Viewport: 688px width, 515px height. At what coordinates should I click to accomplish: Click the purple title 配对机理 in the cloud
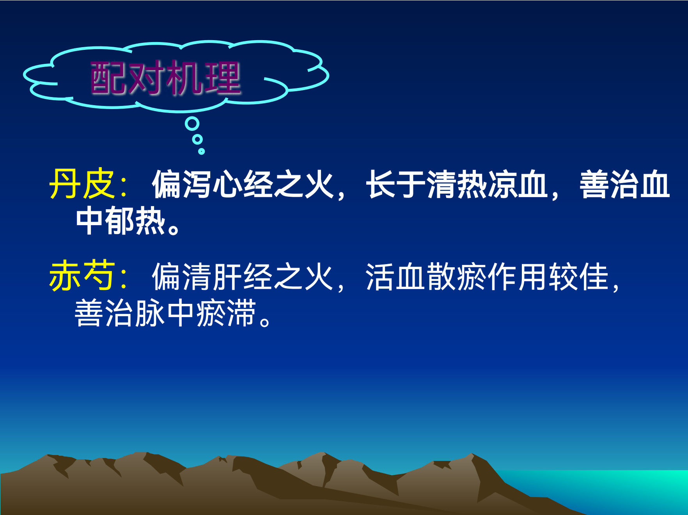pyautogui.click(x=165, y=78)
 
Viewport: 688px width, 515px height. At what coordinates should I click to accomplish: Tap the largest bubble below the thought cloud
pyautogui.click(x=192, y=124)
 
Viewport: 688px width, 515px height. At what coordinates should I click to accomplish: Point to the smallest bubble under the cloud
pyautogui.click(x=201, y=151)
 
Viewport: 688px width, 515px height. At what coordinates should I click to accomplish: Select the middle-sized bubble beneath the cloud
pyautogui.click(x=198, y=139)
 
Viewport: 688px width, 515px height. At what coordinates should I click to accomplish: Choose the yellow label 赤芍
pyautogui.click(x=82, y=276)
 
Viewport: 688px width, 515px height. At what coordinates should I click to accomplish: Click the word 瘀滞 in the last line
pyautogui.click(x=227, y=313)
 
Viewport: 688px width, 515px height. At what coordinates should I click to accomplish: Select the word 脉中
pyautogui.click(x=166, y=313)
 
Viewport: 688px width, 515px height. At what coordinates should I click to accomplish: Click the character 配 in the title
pyautogui.click(x=109, y=78)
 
